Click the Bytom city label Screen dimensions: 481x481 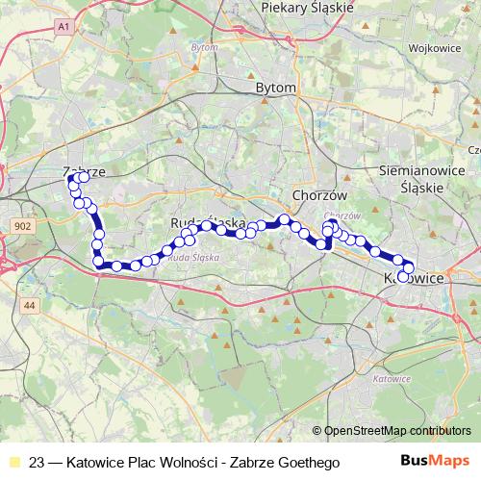(275, 87)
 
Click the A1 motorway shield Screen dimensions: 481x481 (63, 29)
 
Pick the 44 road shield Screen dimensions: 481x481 (29, 305)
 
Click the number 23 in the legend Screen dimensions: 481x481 (38, 463)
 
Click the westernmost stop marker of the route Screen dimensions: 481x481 (69, 180)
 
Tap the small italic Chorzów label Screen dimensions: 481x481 (342, 215)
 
